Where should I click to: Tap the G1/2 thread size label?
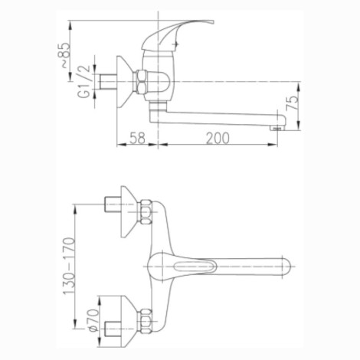tap(84, 81)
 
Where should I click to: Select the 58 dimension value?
tap(137, 138)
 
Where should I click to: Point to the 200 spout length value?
tap(218, 138)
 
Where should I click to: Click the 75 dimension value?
tap(293, 103)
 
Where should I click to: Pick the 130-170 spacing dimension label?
tap(69, 267)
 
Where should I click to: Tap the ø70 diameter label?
tap(93, 321)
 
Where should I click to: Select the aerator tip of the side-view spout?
tap(277, 129)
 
